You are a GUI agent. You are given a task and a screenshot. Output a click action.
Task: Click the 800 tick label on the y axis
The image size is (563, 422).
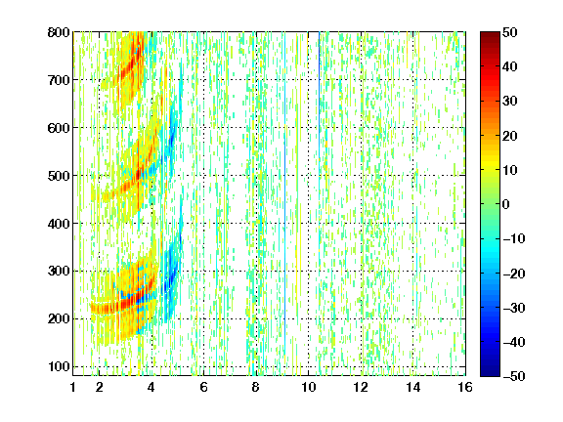(59, 32)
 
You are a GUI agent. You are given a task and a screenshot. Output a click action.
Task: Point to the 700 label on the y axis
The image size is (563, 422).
(59, 80)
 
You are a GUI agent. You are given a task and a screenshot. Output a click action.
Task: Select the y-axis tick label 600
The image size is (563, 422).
(59, 128)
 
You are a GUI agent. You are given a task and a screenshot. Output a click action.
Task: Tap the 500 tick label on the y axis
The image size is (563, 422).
(59, 176)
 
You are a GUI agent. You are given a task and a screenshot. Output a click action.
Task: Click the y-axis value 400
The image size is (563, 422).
(59, 224)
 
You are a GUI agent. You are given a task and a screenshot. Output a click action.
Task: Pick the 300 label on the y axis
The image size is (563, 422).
(59, 271)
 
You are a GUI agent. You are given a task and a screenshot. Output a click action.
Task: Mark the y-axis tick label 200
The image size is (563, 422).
(59, 318)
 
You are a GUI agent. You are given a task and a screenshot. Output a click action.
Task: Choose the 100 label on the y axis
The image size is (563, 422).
(59, 366)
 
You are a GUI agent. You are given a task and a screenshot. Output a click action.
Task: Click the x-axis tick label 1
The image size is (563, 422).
(73, 387)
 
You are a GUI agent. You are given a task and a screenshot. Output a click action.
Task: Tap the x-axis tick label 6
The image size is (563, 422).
(203, 387)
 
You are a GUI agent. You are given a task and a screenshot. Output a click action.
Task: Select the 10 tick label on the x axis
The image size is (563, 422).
(308, 387)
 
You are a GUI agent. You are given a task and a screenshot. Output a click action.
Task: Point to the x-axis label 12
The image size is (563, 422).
(361, 387)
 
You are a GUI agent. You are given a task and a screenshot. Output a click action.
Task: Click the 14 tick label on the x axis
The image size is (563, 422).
(412, 387)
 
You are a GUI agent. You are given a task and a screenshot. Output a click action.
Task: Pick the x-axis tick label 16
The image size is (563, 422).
(465, 387)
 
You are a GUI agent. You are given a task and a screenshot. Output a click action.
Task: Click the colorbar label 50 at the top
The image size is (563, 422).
(509, 32)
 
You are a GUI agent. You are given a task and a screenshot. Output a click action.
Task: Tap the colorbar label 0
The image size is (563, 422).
(506, 204)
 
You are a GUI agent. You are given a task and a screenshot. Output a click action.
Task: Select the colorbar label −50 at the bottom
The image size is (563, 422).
(514, 376)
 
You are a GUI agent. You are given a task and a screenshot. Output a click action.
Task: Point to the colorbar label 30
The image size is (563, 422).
(509, 102)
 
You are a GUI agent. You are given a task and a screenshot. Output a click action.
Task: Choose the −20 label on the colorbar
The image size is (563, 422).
(514, 274)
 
